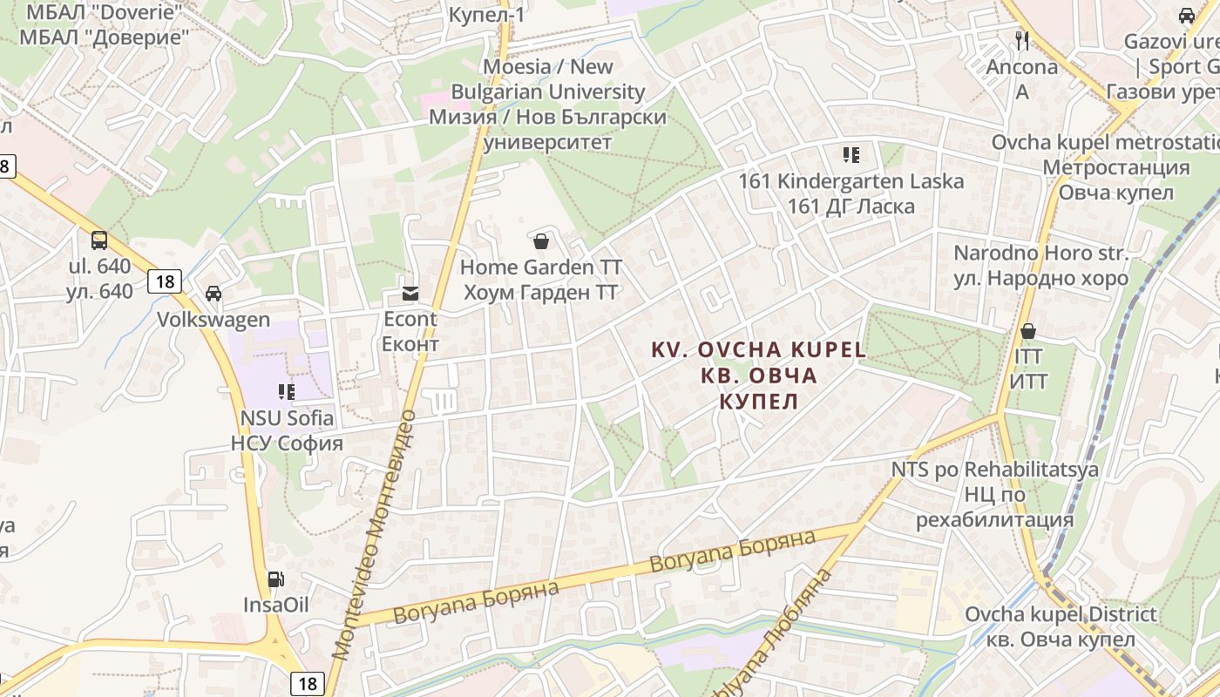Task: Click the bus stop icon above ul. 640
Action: [x=99, y=240]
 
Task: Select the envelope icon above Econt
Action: [x=410, y=293]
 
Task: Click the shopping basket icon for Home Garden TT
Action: [x=541, y=241]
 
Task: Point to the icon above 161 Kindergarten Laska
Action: [x=851, y=156]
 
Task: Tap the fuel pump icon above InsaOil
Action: [x=275, y=579]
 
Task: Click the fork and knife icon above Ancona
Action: [x=1022, y=40]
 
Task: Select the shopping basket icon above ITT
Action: [x=1028, y=331]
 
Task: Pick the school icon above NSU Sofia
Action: [x=287, y=392]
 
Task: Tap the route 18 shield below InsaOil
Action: [x=308, y=684]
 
